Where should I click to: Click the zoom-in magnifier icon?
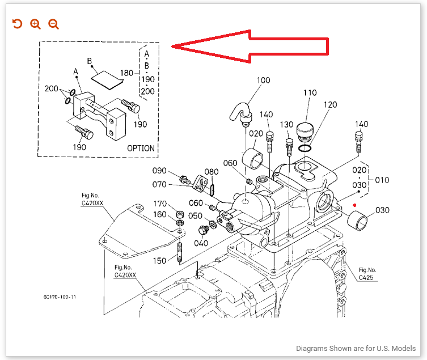[x=35, y=24]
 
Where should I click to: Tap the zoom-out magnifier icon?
[x=53, y=24]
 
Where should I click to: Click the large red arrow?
[x=250, y=47]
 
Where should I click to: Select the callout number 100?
[x=263, y=80]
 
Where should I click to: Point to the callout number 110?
[x=309, y=93]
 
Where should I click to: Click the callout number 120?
[x=330, y=105]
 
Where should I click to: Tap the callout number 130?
[x=286, y=124]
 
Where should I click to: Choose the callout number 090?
[x=159, y=171]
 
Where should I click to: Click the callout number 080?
[x=211, y=172]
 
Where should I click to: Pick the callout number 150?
[x=160, y=260]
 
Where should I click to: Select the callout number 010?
[x=382, y=180]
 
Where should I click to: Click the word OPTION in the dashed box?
[x=141, y=148]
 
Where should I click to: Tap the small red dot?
[x=354, y=205]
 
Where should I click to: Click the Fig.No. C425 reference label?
[x=367, y=274]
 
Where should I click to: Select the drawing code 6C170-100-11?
[x=60, y=297]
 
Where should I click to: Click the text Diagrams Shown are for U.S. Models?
[x=356, y=349]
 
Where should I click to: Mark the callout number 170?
[x=160, y=204]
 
